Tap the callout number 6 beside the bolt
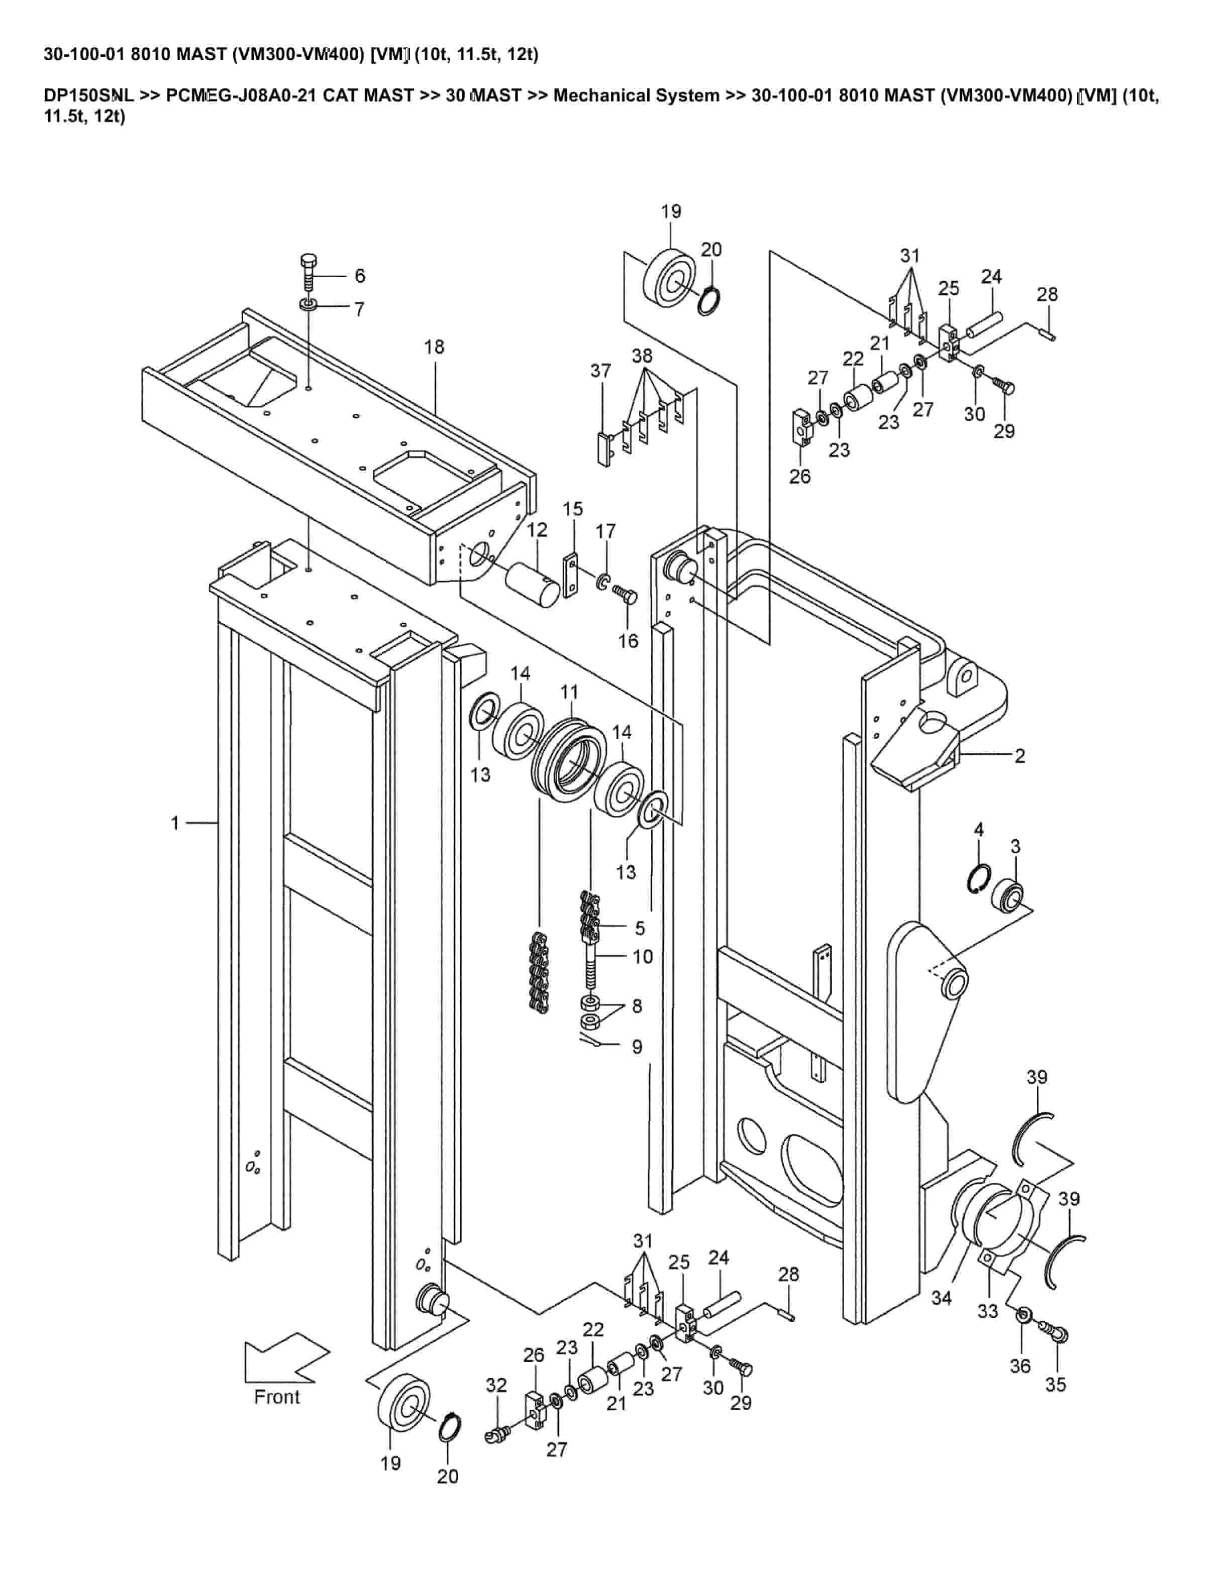click(x=360, y=276)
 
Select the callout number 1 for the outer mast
click(x=175, y=823)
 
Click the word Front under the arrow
click(x=277, y=1397)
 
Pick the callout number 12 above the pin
click(x=537, y=530)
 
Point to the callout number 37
click(x=600, y=371)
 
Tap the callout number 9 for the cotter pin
click(x=637, y=1047)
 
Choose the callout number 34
click(x=942, y=1298)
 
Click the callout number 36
click(x=1020, y=1366)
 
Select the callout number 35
click(x=1056, y=1384)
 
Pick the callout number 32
click(x=496, y=1385)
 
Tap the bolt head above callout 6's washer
click(x=308, y=262)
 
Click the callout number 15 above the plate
click(x=573, y=508)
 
